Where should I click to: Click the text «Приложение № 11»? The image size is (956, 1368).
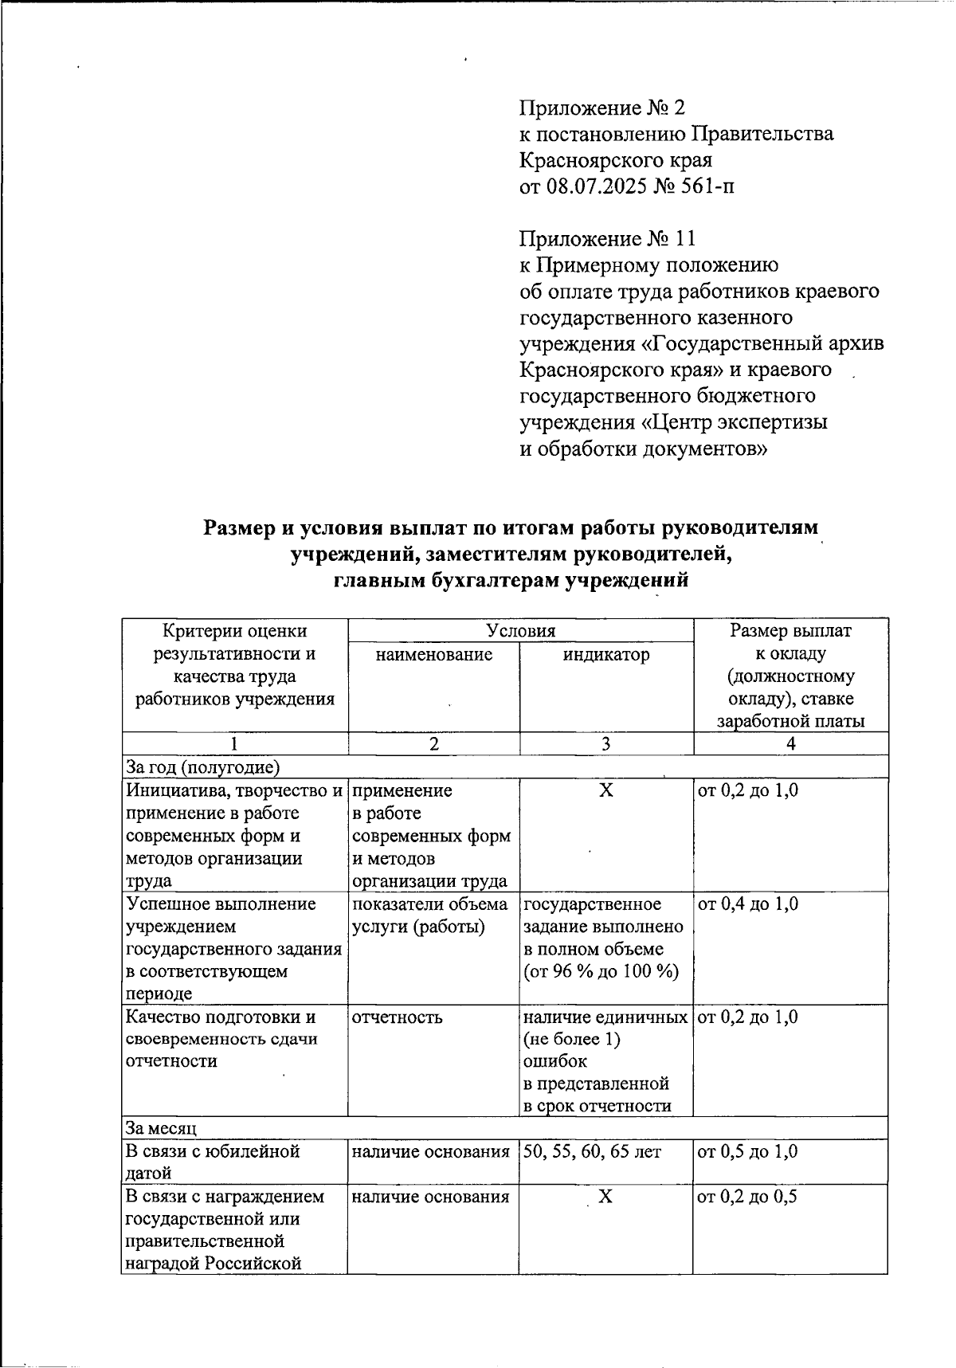[608, 238]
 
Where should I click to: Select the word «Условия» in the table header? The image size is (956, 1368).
[521, 631]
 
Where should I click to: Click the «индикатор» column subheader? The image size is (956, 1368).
[606, 655]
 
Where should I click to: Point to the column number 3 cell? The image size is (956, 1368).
[606, 744]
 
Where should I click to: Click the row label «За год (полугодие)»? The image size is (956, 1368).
[203, 767]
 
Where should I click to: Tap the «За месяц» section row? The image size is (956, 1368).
[162, 1128]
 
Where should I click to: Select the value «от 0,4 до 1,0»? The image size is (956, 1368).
[748, 904]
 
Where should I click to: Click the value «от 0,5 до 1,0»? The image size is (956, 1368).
[748, 1151]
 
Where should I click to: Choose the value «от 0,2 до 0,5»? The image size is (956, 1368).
[748, 1197]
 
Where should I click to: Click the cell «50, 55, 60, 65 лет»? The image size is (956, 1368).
[592, 1151]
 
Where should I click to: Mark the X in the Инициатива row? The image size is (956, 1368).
[606, 790]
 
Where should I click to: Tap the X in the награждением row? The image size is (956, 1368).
[606, 1197]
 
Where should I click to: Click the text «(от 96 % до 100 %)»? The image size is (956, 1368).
[601, 972]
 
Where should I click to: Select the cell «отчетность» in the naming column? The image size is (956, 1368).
[398, 1017]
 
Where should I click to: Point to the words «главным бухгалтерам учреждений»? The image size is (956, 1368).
[510, 580]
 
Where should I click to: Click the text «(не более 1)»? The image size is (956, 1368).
[571, 1040]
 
